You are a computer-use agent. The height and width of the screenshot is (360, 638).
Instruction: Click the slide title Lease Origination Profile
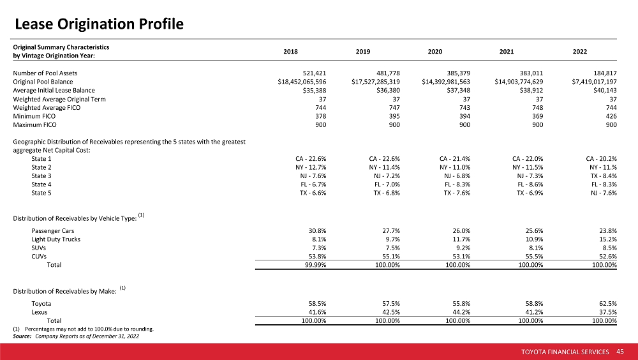(99, 24)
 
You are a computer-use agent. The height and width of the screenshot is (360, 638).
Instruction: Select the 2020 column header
(435, 52)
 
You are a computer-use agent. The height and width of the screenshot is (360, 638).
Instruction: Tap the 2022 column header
(580, 52)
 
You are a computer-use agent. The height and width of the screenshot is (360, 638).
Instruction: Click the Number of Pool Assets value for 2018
(315, 73)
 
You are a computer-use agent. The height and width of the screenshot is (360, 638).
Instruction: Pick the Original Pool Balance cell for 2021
(519, 82)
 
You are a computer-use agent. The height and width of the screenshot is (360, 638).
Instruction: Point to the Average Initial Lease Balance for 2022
(605, 91)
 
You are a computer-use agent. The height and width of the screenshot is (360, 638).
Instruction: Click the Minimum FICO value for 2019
(394, 116)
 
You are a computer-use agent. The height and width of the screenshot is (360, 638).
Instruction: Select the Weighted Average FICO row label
(47, 108)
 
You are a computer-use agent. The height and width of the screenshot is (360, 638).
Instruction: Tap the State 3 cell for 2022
(604, 176)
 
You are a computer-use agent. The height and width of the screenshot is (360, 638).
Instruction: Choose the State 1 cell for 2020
(455, 159)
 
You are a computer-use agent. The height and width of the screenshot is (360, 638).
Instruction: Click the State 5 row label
(41, 193)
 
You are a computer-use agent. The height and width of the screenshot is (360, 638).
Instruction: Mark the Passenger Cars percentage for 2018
(317, 231)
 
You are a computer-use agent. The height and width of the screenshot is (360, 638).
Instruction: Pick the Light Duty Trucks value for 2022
(608, 239)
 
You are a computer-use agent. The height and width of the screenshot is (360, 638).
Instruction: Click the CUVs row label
(39, 257)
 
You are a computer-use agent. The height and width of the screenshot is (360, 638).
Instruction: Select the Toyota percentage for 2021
(534, 304)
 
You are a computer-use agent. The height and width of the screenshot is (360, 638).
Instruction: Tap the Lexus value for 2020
(461, 312)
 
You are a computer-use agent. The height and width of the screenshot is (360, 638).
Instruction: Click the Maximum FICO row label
(34, 125)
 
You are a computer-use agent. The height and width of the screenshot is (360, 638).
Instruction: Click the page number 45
(620, 352)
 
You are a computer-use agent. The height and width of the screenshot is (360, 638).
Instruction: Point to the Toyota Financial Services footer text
(565, 352)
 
